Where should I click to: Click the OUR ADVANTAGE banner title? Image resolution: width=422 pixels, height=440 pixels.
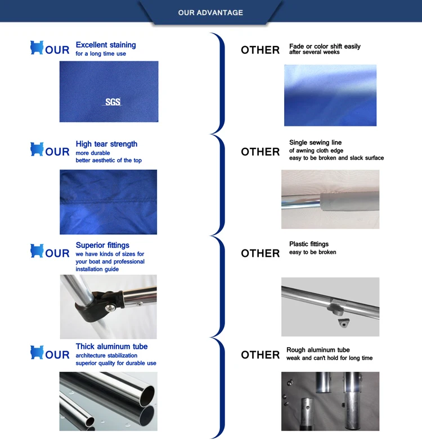pos(210,12)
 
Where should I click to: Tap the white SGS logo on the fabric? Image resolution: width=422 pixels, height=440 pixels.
pos(112,102)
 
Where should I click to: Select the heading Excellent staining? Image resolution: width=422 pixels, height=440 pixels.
pos(106,45)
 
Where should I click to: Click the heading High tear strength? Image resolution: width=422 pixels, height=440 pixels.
pos(106,144)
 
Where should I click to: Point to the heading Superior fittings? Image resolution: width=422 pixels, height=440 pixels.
pos(102,245)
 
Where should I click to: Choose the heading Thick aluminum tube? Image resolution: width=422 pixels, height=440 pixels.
pos(111,347)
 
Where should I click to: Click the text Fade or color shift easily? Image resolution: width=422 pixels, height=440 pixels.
pos(325,46)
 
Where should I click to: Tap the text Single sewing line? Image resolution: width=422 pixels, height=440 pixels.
pos(316,143)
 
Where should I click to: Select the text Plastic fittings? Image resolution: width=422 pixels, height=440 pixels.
pos(309,244)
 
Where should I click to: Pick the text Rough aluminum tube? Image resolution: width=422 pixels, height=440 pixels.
pos(318,350)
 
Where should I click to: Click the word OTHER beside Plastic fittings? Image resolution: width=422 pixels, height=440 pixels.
pos(260,253)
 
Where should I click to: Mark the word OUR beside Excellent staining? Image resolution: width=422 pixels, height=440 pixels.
pos(57,50)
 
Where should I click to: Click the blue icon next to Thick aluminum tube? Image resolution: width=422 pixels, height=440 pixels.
pos(37,352)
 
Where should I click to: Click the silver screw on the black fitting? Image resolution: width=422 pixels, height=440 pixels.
pos(111,308)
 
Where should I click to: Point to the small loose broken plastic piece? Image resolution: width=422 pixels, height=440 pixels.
pos(343,323)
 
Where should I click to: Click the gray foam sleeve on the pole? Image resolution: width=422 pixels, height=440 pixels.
pos(350,201)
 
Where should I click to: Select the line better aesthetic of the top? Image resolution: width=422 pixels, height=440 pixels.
pos(109,160)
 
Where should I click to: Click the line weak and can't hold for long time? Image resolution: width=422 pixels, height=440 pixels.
pos(329,358)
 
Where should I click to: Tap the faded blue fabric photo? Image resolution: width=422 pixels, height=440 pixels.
pos(330,96)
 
